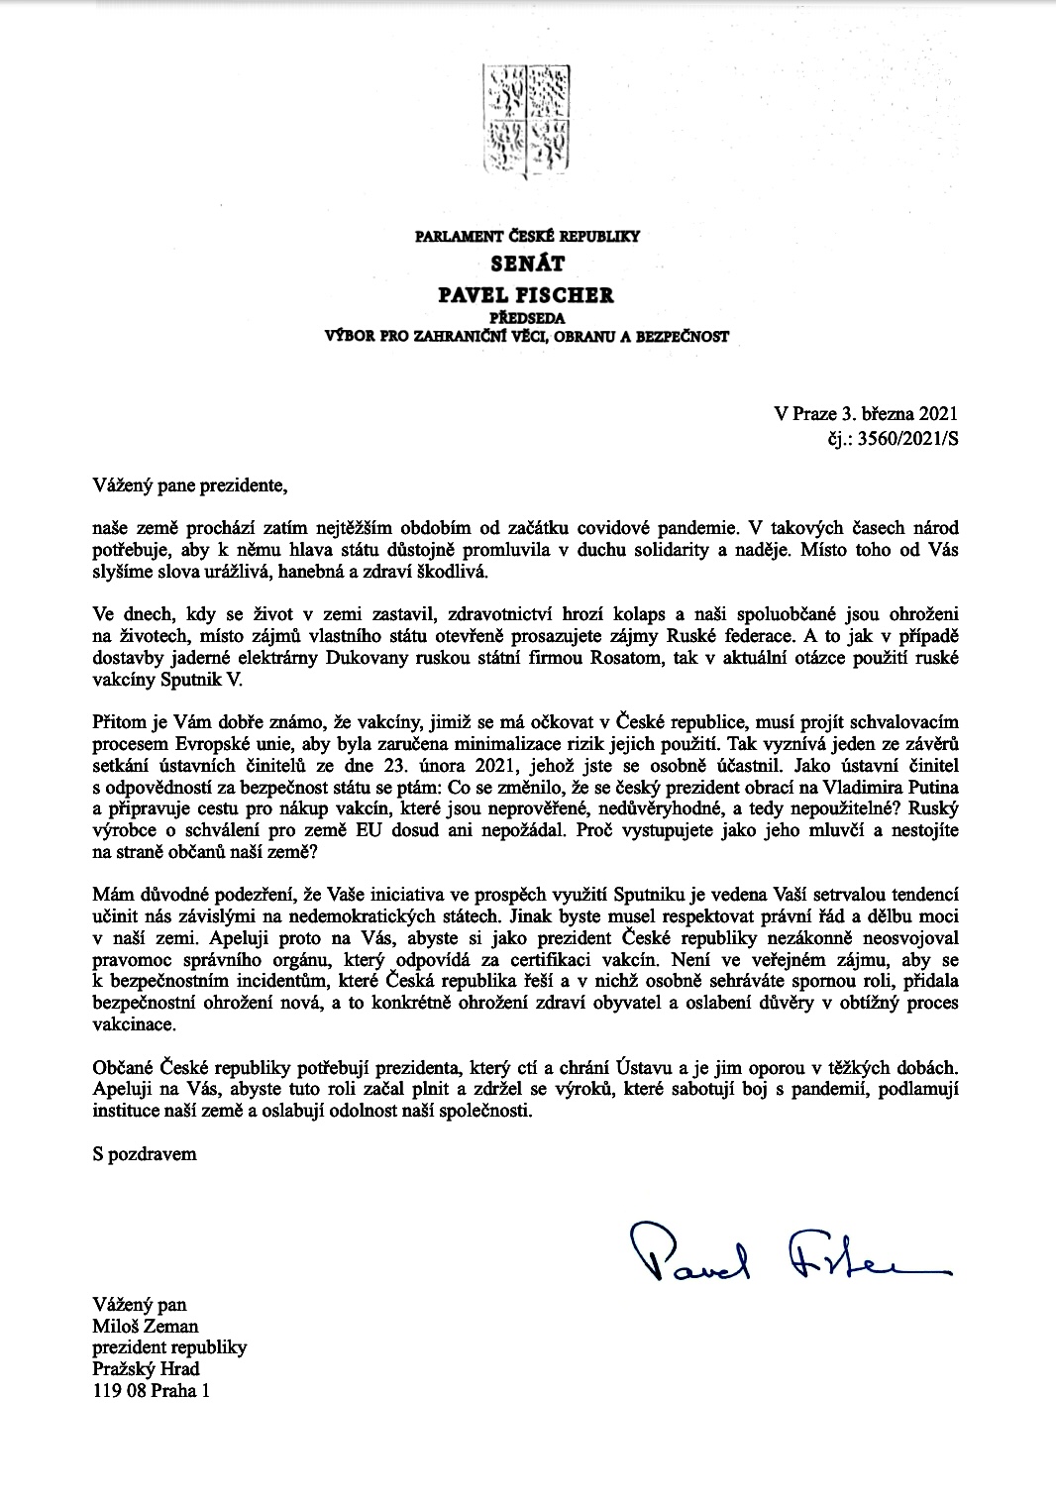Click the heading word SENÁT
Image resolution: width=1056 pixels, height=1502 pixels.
528,265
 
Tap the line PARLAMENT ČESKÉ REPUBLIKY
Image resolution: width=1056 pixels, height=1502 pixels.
528,237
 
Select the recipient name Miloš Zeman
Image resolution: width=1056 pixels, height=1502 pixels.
146,1326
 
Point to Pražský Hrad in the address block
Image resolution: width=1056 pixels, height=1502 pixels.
146,1369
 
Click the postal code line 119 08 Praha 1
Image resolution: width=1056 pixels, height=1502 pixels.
152,1391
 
